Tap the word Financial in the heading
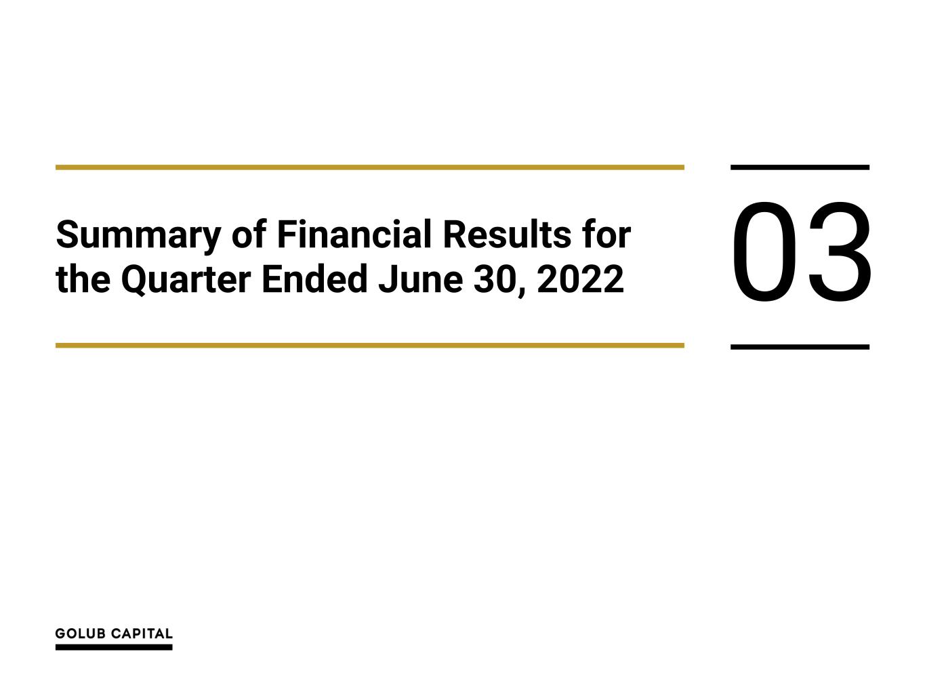(354, 234)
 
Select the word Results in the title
(507, 234)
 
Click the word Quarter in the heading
(186, 280)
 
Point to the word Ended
(314, 279)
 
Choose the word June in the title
(420, 279)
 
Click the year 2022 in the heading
(580, 279)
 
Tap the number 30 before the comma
(494, 279)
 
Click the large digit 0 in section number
(764, 252)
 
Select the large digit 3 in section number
(839, 252)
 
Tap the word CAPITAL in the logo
(142, 634)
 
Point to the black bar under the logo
(114, 647)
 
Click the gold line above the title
(369, 167)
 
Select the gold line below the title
(369, 346)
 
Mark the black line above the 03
(800, 167)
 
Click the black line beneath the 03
(800, 347)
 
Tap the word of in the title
(249, 234)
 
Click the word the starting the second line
(83, 279)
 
